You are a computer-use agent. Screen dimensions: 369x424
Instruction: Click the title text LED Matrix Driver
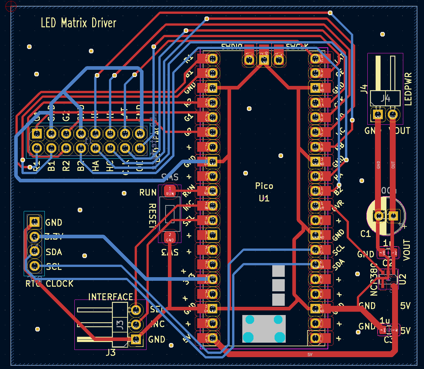tap(78, 23)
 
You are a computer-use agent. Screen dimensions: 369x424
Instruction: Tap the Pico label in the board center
tap(264, 186)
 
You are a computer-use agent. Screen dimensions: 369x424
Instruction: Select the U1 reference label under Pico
tap(264, 198)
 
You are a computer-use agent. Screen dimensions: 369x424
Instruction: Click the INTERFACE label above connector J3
tap(111, 297)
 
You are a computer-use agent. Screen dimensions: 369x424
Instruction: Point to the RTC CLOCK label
tap(49, 283)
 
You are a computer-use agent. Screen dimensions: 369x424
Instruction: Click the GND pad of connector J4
tap(378, 115)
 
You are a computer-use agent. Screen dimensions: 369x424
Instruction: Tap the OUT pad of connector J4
tap(393, 115)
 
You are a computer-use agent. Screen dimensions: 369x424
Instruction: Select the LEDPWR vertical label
tap(408, 89)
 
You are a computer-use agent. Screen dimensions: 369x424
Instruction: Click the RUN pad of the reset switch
tap(170, 191)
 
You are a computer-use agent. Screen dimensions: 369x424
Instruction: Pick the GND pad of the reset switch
tap(170, 237)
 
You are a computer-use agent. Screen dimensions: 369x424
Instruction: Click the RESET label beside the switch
tap(152, 216)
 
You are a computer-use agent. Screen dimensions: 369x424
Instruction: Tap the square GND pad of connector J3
tap(136, 339)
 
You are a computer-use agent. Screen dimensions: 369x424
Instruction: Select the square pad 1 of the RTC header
tap(34, 222)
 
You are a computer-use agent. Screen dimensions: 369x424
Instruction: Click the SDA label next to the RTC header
tap(54, 252)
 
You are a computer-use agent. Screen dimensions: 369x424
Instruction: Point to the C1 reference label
tap(365, 234)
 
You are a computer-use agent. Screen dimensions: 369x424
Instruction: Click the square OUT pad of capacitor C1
tap(393, 216)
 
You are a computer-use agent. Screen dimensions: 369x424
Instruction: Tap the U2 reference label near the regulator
tap(403, 279)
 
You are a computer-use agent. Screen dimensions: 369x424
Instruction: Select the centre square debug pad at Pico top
tap(264, 60)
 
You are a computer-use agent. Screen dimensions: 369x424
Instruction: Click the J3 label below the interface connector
tap(111, 353)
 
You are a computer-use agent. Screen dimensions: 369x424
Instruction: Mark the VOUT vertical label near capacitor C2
tap(407, 250)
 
